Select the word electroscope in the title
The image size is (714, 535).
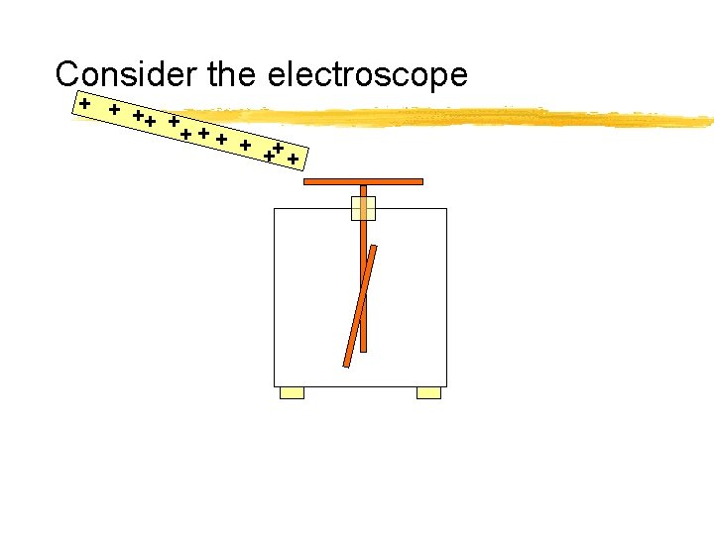point(370,75)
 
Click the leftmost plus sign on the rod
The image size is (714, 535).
point(86,102)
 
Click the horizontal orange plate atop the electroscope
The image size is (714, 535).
point(363,182)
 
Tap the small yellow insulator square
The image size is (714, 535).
point(363,208)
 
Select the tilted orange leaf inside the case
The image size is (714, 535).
point(359,305)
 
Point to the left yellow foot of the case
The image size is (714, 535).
point(292,393)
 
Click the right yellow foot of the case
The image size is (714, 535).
point(428,393)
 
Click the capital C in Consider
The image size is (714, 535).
point(67,74)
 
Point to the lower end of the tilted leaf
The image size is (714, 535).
point(346,364)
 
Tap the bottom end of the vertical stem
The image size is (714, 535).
point(363,349)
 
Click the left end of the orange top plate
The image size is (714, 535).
point(306,182)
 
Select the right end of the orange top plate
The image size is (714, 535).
point(420,182)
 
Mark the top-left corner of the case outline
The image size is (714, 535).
point(275,209)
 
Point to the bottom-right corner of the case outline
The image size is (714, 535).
point(446,385)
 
